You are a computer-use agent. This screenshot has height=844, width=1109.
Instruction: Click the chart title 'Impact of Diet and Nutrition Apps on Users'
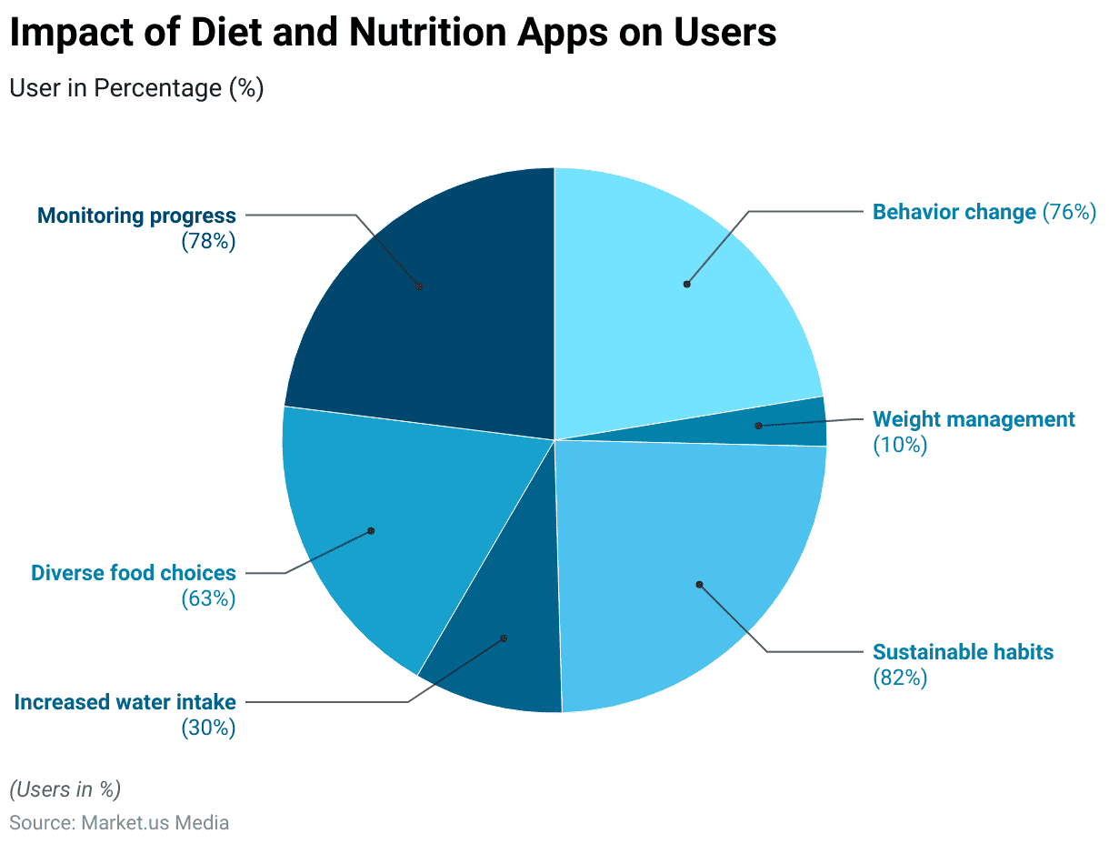(393, 33)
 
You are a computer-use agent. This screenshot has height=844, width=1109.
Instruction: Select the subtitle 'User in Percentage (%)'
(136, 88)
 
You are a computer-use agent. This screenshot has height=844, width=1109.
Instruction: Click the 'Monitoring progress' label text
(136, 216)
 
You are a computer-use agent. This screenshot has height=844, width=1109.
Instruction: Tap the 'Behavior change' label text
(954, 212)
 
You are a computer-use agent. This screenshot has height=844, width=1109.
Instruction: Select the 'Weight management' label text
(974, 419)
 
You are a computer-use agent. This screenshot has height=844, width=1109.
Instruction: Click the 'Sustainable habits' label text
(963, 652)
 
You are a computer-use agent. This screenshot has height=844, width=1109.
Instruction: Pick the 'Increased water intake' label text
(125, 702)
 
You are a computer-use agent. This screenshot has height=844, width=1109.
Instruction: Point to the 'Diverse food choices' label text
(134, 573)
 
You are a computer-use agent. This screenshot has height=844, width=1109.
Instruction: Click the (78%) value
(208, 242)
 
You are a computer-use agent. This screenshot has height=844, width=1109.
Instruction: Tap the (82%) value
(900, 678)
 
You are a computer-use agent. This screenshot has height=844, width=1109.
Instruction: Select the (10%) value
(900, 445)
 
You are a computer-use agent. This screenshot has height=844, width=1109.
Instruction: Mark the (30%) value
(208, 728)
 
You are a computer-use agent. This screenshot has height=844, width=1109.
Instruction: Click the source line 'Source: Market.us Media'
(119, 823)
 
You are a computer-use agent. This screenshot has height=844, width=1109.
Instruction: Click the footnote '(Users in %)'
(65, 789)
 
